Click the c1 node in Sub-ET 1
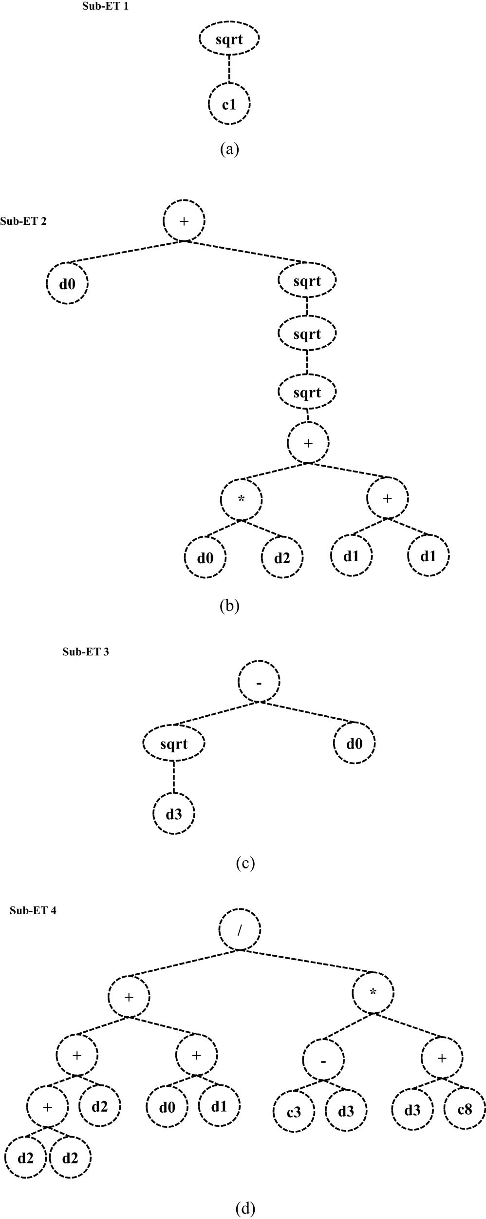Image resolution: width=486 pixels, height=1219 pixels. point(229,104)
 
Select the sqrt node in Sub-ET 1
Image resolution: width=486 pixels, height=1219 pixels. point(229,39)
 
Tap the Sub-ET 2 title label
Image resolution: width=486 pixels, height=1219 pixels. point(23,221)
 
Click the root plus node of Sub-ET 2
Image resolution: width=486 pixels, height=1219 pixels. point(184,221)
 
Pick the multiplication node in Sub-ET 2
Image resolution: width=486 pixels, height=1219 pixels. point(241,499)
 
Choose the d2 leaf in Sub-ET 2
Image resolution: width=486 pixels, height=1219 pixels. point(282,557)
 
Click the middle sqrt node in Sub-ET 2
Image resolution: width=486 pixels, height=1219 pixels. point(307,334)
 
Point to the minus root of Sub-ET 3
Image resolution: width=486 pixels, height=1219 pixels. point(259,682)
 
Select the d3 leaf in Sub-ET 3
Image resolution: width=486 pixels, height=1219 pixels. point(174,814)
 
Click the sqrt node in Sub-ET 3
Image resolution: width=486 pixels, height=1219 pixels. point(174,744)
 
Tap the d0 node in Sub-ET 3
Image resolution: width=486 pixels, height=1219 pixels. point(354,744)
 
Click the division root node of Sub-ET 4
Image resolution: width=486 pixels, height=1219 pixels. point(239,930)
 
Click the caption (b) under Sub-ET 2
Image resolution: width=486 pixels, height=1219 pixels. point(229,606)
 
